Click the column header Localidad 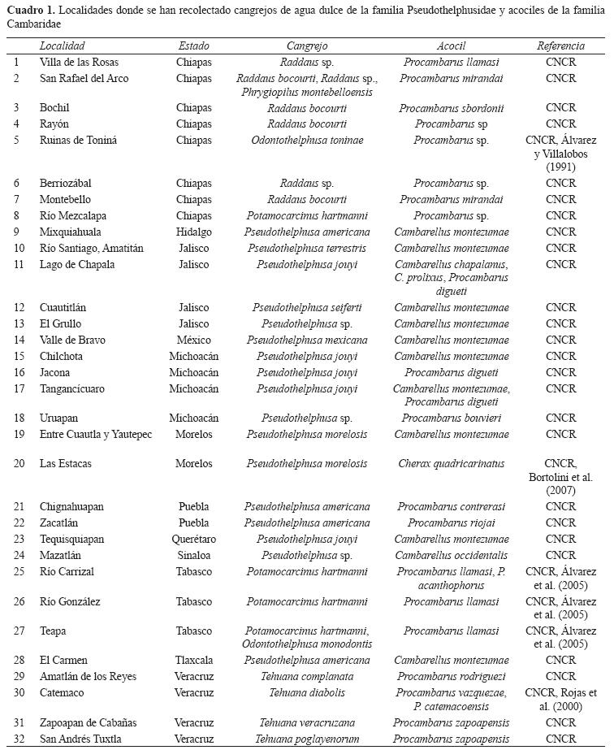(62, 46)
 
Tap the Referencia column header (560, 46)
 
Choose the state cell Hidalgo (193, 232)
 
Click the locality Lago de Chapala (77, 265)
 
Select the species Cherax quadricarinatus (451, 464)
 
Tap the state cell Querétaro (193, 540)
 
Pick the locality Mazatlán (66, 556)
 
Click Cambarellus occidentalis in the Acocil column (451, 556)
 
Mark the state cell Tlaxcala (193, 661)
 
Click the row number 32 (16, 739)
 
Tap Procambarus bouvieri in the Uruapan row (451, 418)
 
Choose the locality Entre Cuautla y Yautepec (96, 435)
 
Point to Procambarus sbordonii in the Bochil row (451, 108)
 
